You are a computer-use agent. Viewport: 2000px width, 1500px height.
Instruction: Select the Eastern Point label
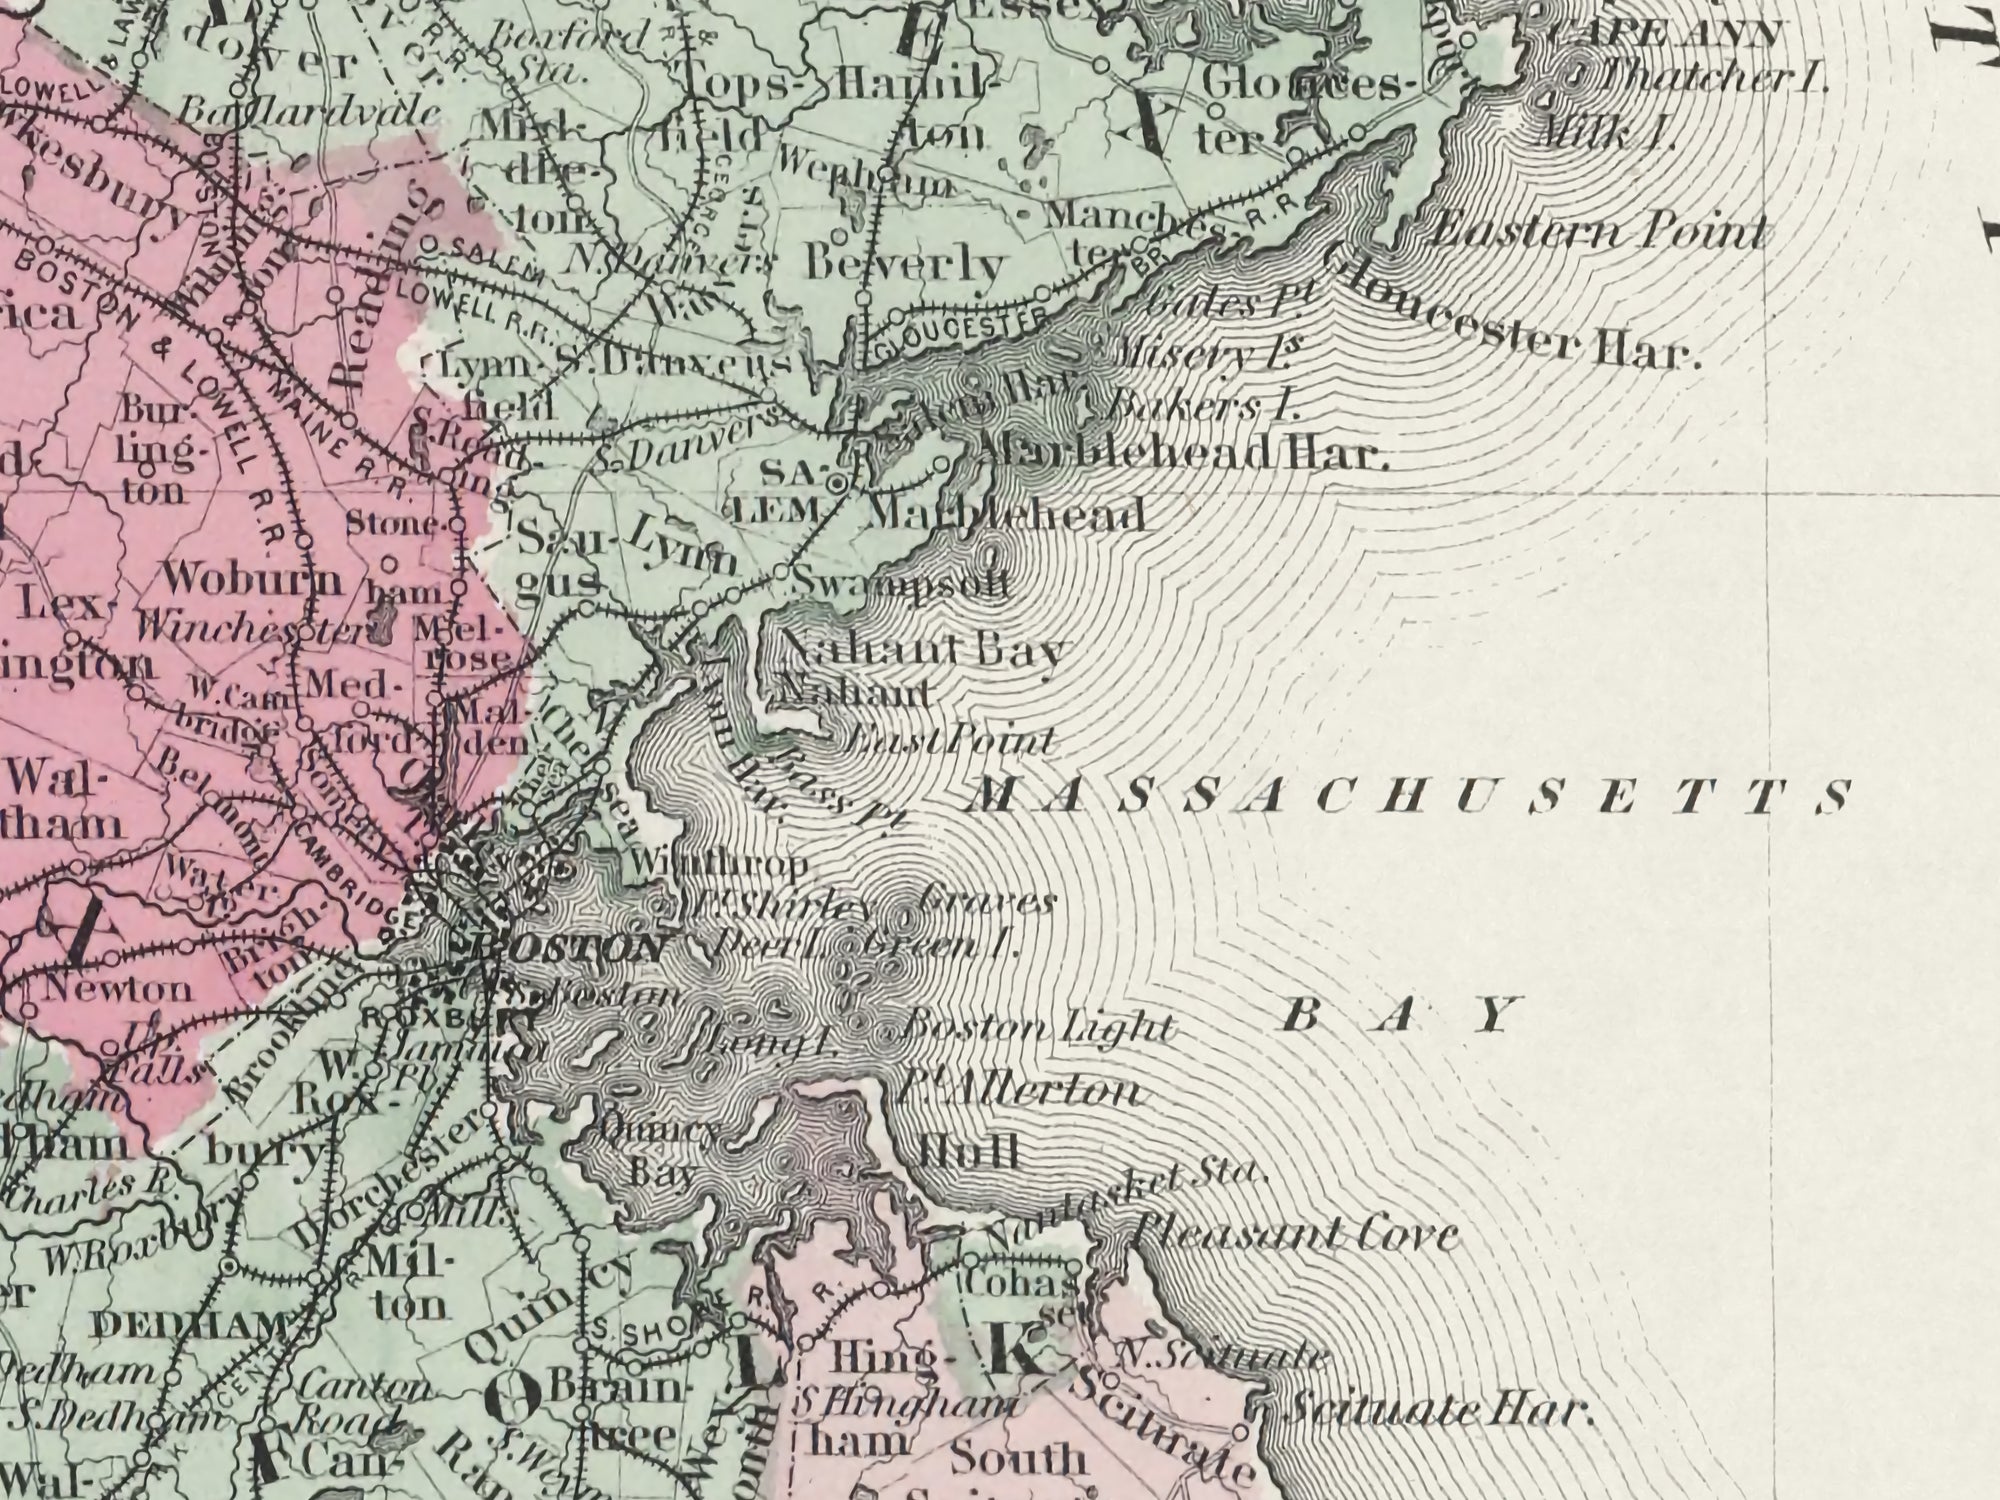pos(1597,232)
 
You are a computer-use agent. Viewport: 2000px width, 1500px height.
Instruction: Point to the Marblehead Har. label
pos(1180,456)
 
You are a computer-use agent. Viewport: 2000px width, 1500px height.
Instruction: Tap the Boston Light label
pos(1038,1027)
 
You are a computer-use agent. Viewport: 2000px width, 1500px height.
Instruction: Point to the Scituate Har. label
pos(1436,1411)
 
